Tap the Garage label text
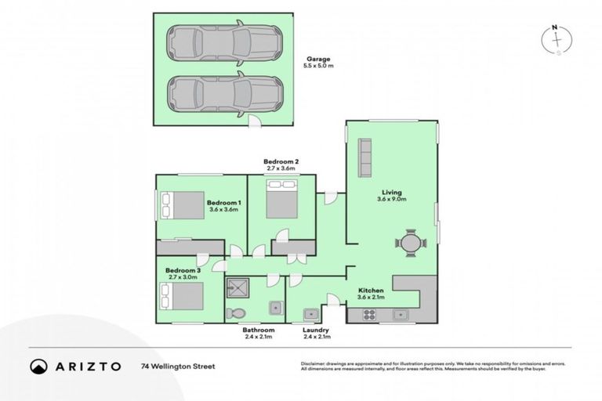pyautogui.click(x=318, y=59)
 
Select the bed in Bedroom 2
pyautogui.click(x=281, y=200)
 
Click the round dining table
pyautogui.click(x=411, y=244)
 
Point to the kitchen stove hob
pyautogui.click(x=368, y=315)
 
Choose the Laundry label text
pyautogui.click(x=317, y=331)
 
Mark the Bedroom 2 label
pyautogui.click(x=281, y=161)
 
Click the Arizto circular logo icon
pyautogui.click(x=38, y=366)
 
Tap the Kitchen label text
pyautogui.click(x=371, y=290)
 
